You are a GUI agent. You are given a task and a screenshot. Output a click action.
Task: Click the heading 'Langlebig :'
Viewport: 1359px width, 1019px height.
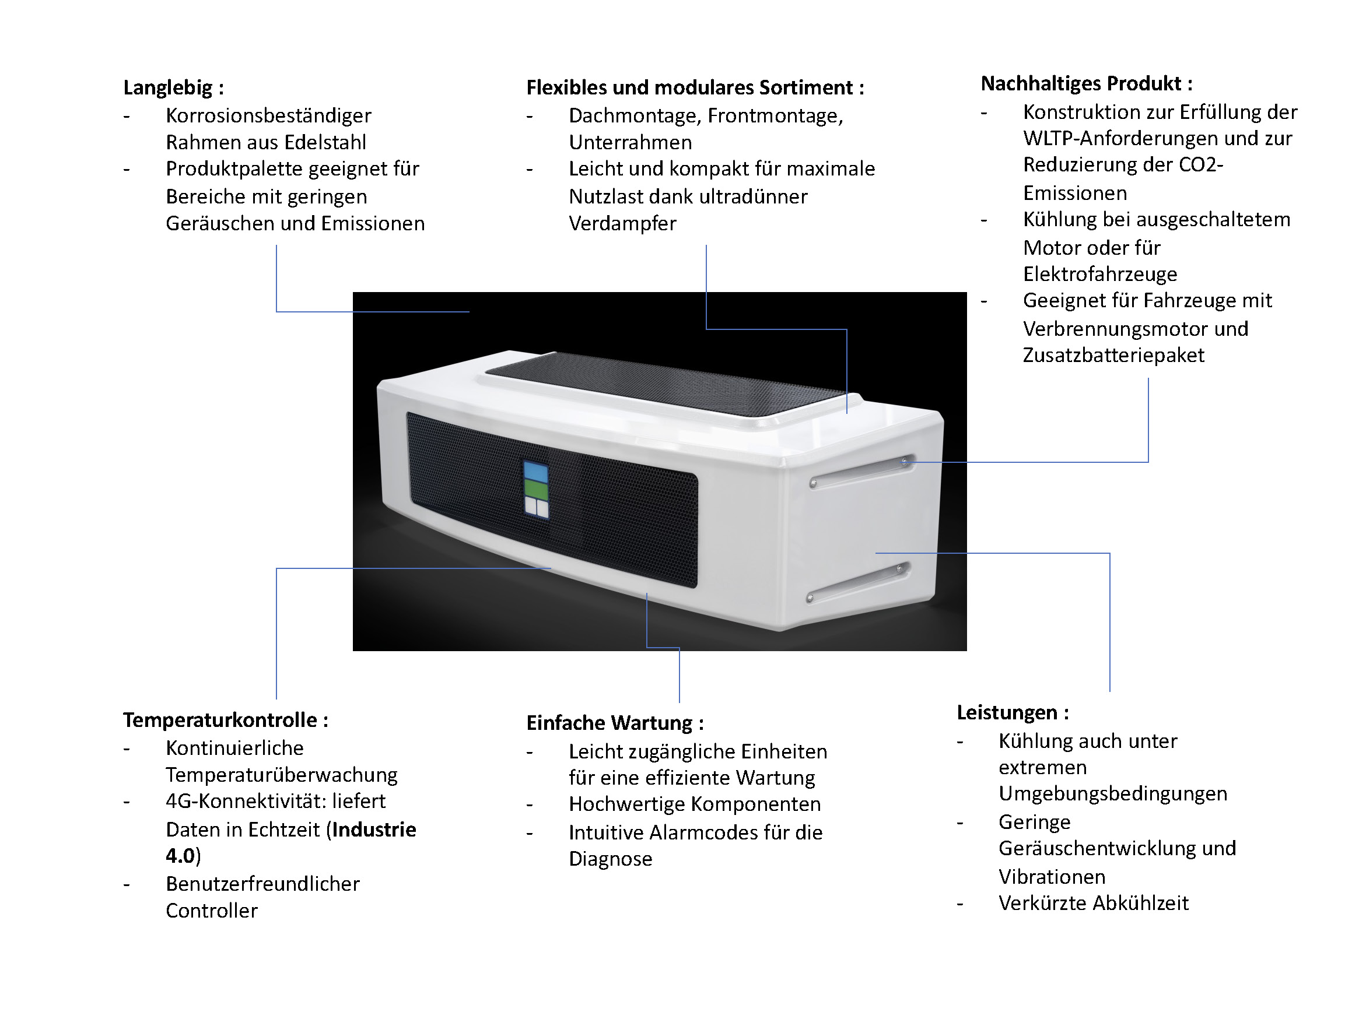173,88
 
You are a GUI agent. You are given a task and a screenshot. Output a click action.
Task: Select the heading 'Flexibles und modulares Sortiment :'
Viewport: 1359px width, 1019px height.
695,88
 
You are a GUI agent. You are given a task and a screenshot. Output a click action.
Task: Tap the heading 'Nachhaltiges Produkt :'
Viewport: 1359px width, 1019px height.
1086,83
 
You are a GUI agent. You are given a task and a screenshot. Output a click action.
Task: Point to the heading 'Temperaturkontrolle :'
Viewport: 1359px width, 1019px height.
226,720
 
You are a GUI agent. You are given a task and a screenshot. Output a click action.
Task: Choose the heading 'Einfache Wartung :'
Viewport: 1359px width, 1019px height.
614,723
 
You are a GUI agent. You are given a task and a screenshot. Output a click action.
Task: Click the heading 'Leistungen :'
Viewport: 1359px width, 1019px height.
1013,712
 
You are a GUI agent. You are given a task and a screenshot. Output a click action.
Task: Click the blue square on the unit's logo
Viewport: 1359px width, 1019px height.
535,472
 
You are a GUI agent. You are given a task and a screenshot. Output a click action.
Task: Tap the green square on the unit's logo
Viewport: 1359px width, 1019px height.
536,489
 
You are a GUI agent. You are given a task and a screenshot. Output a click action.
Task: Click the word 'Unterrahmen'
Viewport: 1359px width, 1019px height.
630,142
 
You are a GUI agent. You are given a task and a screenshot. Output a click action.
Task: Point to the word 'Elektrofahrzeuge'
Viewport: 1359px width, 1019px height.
1099,274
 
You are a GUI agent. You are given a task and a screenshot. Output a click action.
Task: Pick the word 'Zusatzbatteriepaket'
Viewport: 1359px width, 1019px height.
1113,355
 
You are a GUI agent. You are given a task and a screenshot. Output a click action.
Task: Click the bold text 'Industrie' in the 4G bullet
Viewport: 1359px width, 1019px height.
374,830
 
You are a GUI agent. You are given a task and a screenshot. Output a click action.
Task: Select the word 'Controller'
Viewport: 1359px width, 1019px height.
211,911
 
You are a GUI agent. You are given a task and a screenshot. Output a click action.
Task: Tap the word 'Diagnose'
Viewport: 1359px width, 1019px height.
610,859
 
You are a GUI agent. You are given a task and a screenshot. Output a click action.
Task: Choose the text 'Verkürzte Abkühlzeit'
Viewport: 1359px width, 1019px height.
1094,904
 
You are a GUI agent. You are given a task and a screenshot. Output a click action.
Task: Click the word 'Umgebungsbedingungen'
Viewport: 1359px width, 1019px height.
1113,793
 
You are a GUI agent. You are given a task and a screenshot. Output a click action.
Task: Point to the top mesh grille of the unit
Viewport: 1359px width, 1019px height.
664,384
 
